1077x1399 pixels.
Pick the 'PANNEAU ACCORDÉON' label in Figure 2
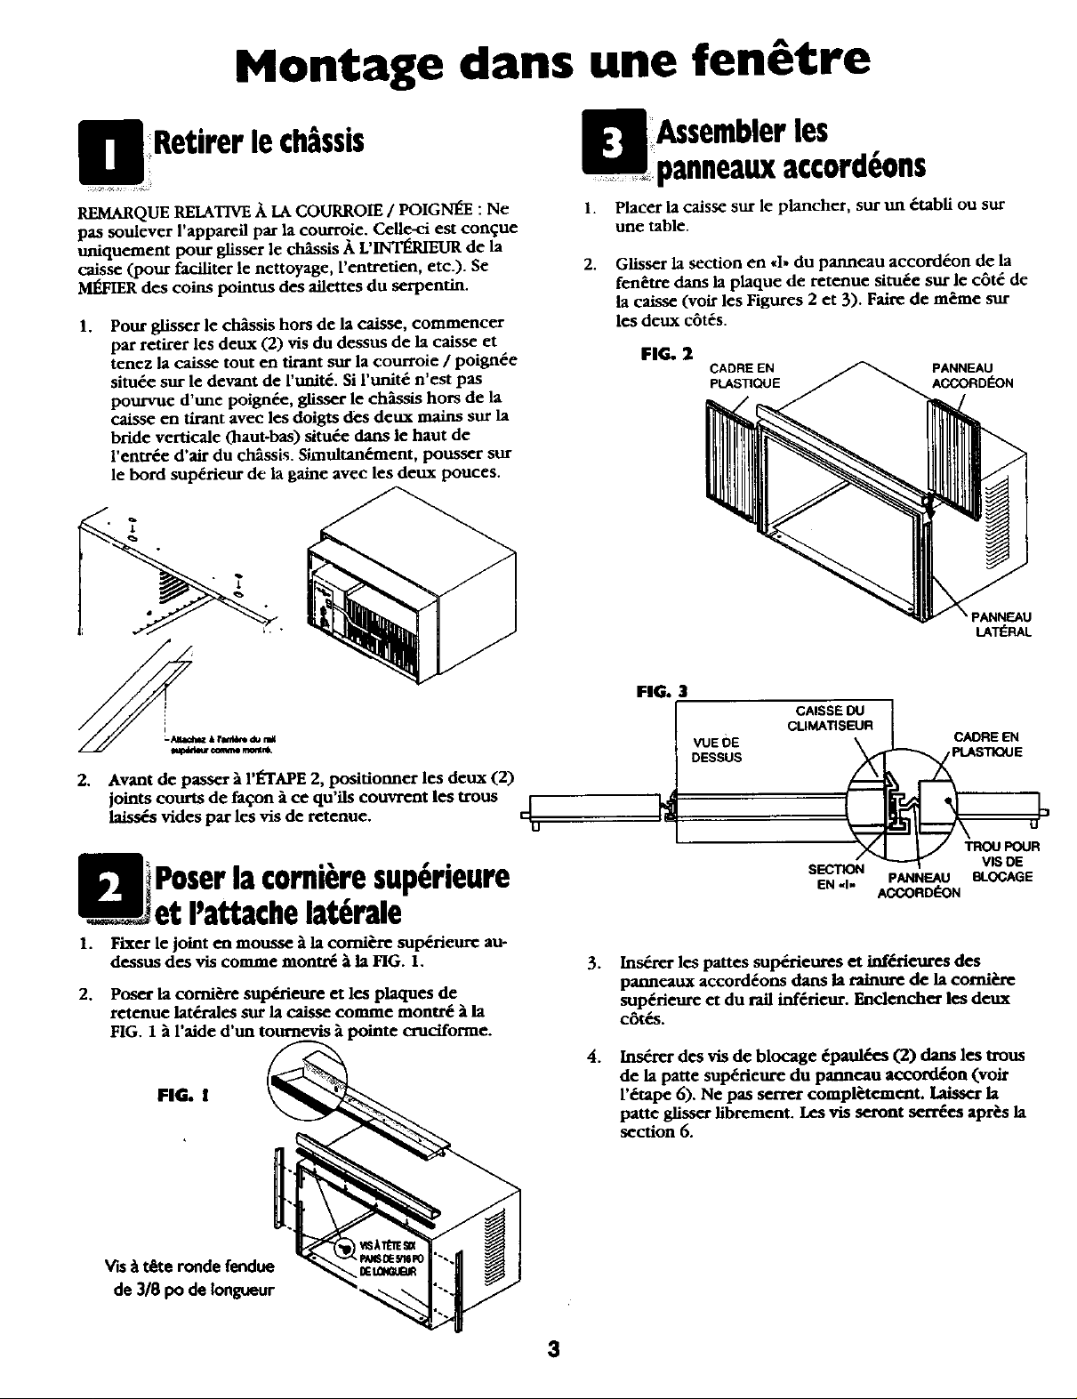coord(971,376)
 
